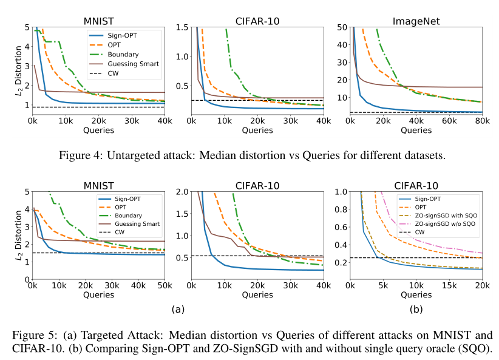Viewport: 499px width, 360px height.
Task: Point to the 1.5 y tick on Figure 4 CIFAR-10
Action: click(x=181, y=27)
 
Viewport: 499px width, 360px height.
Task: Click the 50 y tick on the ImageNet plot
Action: click(x=342, y=27)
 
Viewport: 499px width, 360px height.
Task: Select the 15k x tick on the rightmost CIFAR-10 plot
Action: click(x=449, y=286)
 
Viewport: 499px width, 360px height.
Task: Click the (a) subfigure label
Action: click(x=177, y=309)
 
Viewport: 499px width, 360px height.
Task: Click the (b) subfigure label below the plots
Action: click(x=416, y=309)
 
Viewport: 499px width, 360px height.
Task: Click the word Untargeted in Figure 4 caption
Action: click(x=134, y=155)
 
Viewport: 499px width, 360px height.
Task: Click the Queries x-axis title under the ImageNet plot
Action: click(x=416, y=130)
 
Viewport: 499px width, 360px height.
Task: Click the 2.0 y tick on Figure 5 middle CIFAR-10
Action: click(x=181, y=192)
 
